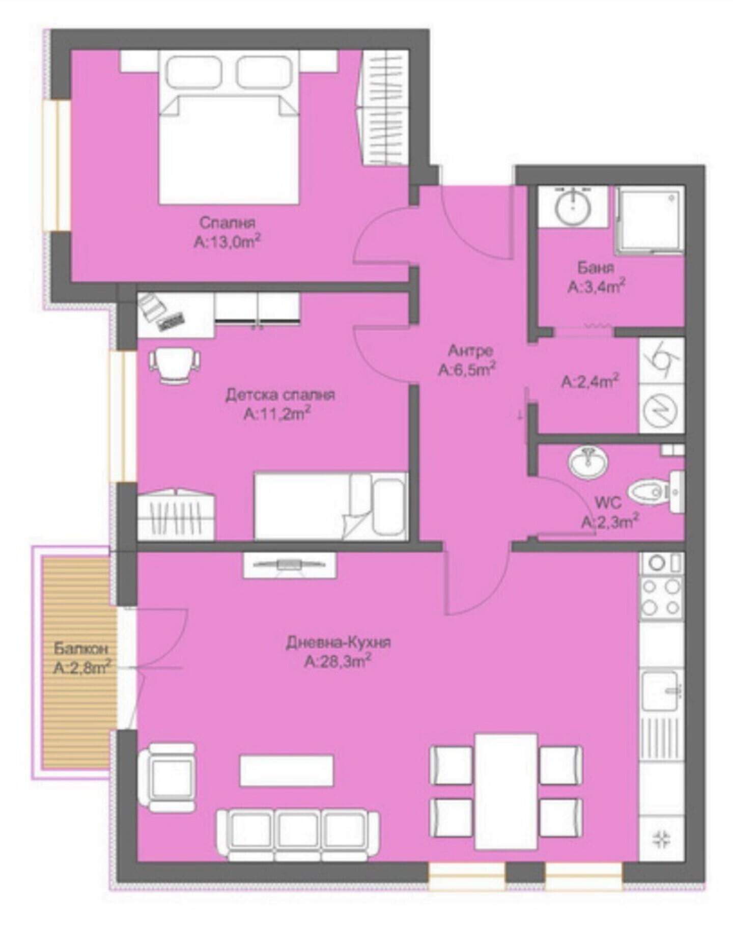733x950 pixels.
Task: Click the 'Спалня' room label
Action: click(227, 222)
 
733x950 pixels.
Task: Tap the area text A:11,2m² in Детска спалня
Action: click(277, 414)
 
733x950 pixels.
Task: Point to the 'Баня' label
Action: click(596, 267)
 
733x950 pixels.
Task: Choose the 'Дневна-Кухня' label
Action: click(338, 642)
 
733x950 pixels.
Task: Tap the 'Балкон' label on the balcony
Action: click(81, 649)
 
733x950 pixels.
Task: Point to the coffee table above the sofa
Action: click(287, 770)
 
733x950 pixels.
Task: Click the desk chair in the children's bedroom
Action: click(174, 365)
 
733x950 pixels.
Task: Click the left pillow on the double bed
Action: click(195, 71)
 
